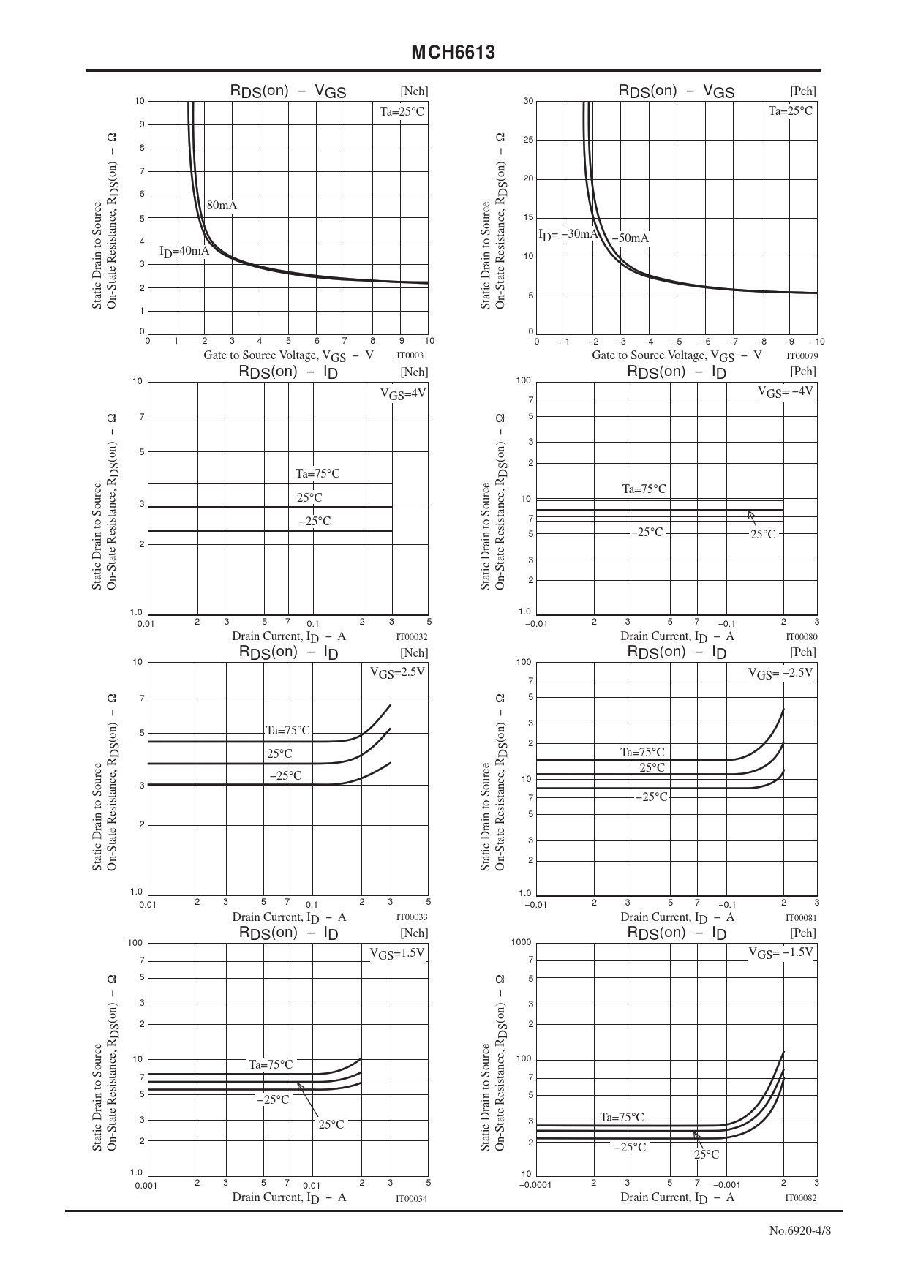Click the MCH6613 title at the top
tap(453, 53)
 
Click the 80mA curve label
tap(222, 206)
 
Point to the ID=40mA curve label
tap(184, 252)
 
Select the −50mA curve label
tap(631, 238)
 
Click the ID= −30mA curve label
tap(568, 234)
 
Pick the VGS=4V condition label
tap(402, 394)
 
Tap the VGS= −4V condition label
tap(785, 392)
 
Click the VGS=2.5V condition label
tap(397, 672)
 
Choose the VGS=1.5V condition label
tap(397, 954)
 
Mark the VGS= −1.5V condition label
tap(780, 953)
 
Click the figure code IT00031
tap(412, 356)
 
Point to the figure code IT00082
tap(801, 1198)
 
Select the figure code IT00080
tap(801, 637)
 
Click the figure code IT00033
tap(412, 917)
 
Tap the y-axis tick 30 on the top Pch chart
tap(528, 101)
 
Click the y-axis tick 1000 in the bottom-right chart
tap(522, 942)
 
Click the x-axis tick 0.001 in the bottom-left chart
tap(146, 1185)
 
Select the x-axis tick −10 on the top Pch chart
tap(817, 342)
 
